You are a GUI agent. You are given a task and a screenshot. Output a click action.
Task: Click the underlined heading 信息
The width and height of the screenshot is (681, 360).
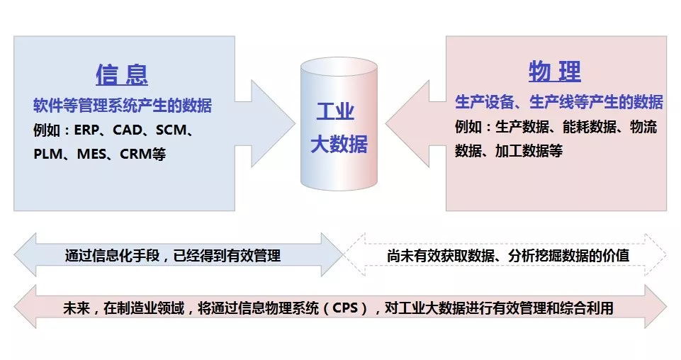click(122, 74)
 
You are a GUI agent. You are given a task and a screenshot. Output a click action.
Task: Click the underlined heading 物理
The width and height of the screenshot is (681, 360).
click(555, 72)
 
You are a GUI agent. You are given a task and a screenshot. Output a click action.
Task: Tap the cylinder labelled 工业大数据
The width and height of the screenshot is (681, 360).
click(339, 124)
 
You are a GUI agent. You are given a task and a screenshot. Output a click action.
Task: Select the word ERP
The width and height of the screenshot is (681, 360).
click(87, 130)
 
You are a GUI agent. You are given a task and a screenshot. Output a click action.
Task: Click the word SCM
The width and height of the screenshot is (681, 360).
click(171, 130)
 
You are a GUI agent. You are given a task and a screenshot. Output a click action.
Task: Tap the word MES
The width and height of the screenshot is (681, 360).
click(91, 154)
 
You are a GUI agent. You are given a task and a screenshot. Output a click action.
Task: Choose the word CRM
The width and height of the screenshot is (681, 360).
click(136, 154)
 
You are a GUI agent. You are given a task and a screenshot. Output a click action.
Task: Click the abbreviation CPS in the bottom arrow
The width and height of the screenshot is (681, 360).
click(345, 308)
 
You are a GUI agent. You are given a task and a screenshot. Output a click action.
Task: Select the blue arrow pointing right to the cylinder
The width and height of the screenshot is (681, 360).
click(265, 123)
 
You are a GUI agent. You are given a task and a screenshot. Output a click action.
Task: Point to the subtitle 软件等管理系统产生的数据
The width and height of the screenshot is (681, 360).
click(123, 106)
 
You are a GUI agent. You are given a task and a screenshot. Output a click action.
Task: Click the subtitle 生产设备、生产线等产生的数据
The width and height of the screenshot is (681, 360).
click(559, 102)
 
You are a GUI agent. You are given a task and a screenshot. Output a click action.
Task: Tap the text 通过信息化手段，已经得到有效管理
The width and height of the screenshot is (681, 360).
click(173, 255)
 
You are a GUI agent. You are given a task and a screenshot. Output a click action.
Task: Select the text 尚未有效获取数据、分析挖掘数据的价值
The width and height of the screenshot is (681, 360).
click(508, 255)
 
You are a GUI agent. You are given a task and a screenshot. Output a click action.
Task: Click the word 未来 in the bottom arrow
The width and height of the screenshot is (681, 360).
click(77, 308)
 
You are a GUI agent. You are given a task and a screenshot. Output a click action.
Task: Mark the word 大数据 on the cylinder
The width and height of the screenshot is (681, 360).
click(339, 144)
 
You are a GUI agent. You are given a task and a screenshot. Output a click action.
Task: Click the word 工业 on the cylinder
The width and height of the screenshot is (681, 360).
click(335, 111)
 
